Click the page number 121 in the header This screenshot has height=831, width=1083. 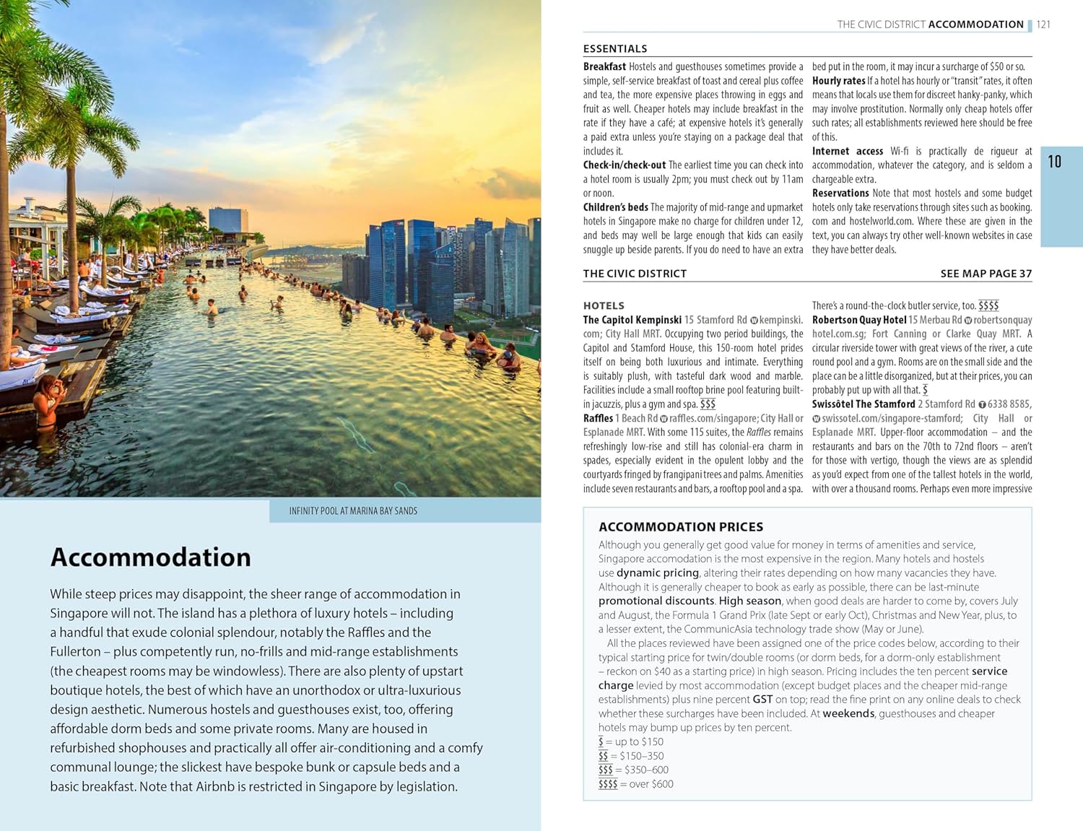[x=1043, y=25]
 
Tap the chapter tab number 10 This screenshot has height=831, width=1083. [x=1054, y=162]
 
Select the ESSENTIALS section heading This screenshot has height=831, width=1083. [x=614, y=49]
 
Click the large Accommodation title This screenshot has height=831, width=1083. [x=150, y=557]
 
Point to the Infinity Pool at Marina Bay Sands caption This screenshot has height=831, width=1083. [x=353, y=511]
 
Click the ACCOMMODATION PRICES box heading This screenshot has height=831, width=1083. [x=680, y=527]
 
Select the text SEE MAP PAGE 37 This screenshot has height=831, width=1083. [x=986, y=274]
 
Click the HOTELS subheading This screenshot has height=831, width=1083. [x=604, y=306]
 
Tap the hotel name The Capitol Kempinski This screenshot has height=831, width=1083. [x=632, y=320]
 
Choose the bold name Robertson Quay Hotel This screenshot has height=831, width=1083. [x=858, y=320]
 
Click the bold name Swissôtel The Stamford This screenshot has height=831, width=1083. [x=863, y=404]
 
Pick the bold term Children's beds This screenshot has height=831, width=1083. [x=615, y=207]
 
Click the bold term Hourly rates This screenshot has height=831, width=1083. [x=838, y=81]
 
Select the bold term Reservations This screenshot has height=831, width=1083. [x=840, y=193]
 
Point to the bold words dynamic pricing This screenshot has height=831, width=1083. [x=657, y=573]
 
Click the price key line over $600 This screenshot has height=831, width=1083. [x=635, y=784]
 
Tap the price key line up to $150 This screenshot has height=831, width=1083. [x=630, y=742]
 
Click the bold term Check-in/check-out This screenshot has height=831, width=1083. [x=624, y=165]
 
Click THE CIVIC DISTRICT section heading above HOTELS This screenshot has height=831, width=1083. [x=635, y=274]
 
